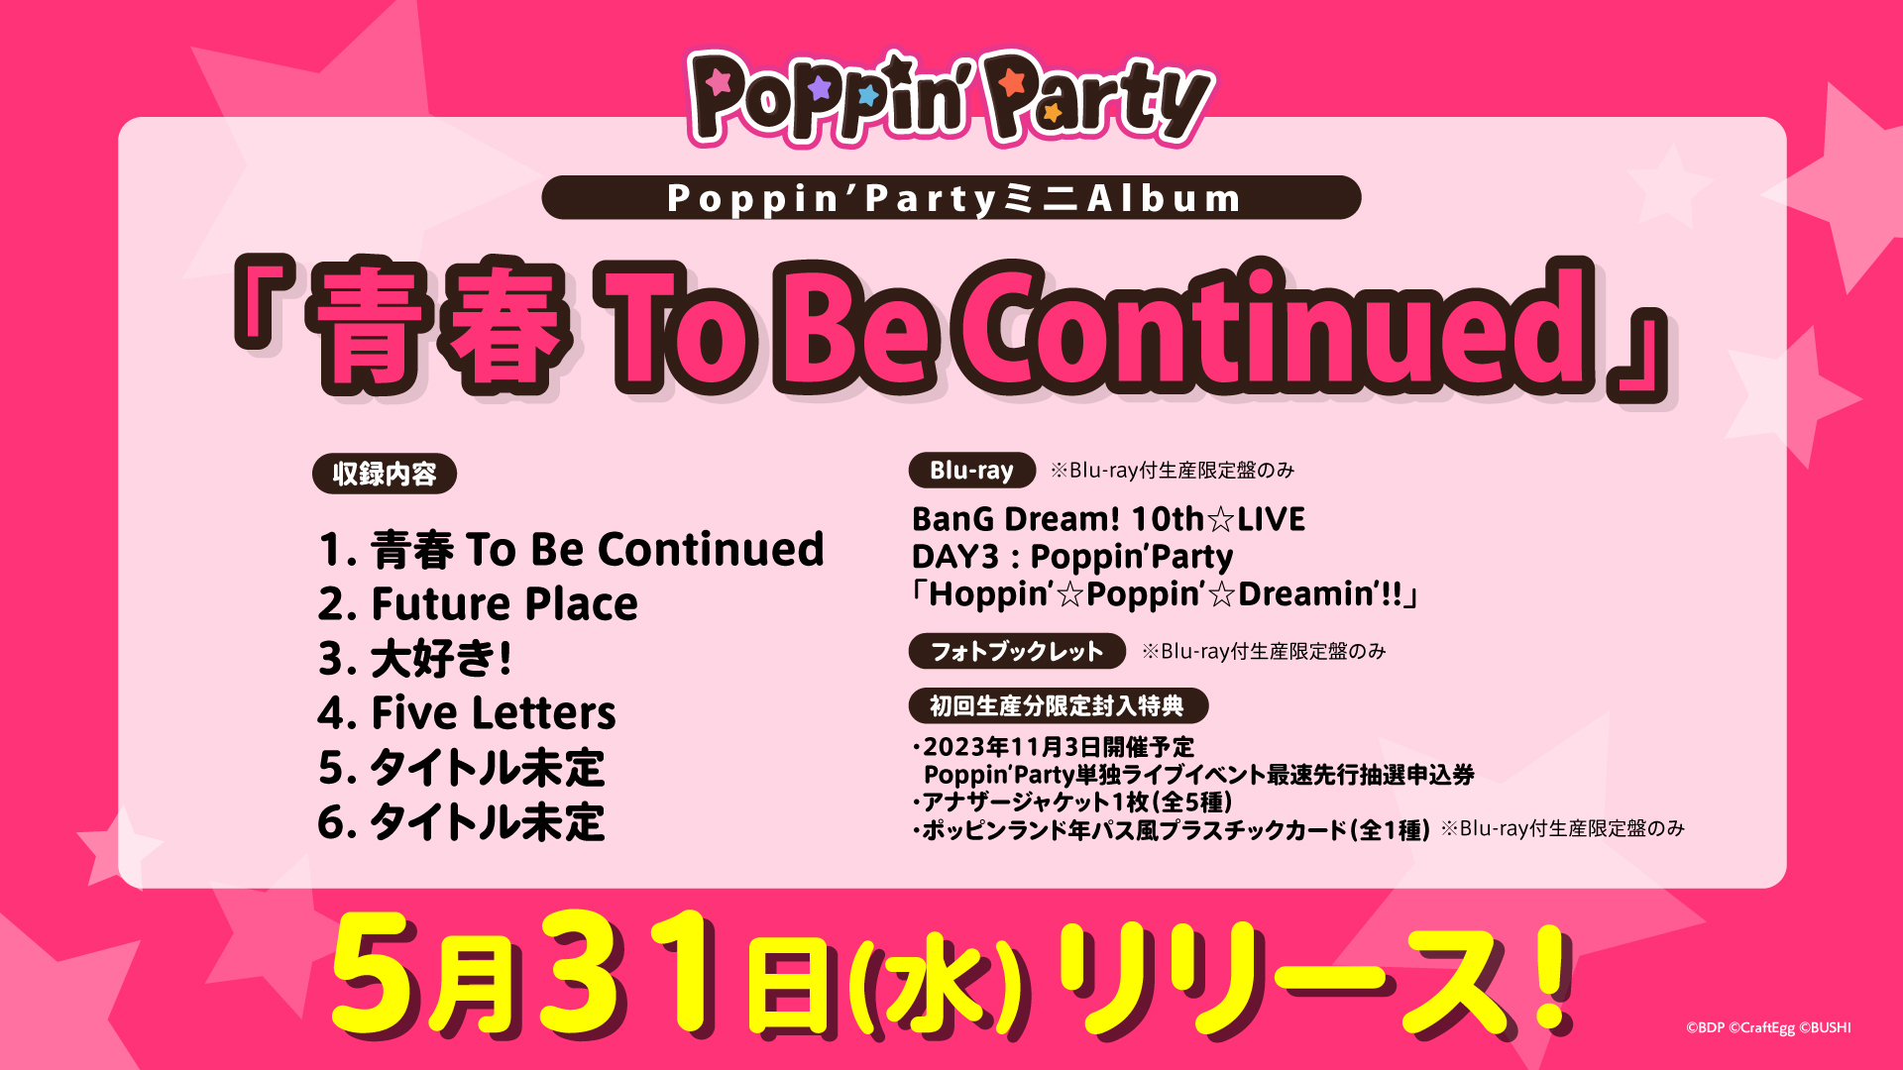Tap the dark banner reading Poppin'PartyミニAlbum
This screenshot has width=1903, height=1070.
click(951, 198)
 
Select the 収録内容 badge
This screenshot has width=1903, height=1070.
click(385, 474)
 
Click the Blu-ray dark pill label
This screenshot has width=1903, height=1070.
click(971, 471)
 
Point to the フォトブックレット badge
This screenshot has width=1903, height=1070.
click(1017, 651)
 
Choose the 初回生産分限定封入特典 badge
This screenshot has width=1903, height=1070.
click(1058, 705)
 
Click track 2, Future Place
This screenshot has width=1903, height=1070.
click(478, 603)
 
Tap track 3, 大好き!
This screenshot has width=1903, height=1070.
click(415, 658)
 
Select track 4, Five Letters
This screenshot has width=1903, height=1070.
click(467, 712)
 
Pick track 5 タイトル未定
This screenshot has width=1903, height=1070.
click(461, 768)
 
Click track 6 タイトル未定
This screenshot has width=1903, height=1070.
click(461, 822)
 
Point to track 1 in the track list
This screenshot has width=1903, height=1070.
click(571, 549)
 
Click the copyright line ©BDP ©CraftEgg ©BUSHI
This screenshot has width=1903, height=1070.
click(1768, 1027)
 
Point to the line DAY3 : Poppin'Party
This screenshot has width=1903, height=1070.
click(1072, 557)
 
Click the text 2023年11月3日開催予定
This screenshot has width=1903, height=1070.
click(1059, 747)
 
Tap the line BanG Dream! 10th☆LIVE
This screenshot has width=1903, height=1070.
click(1108, 519)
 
